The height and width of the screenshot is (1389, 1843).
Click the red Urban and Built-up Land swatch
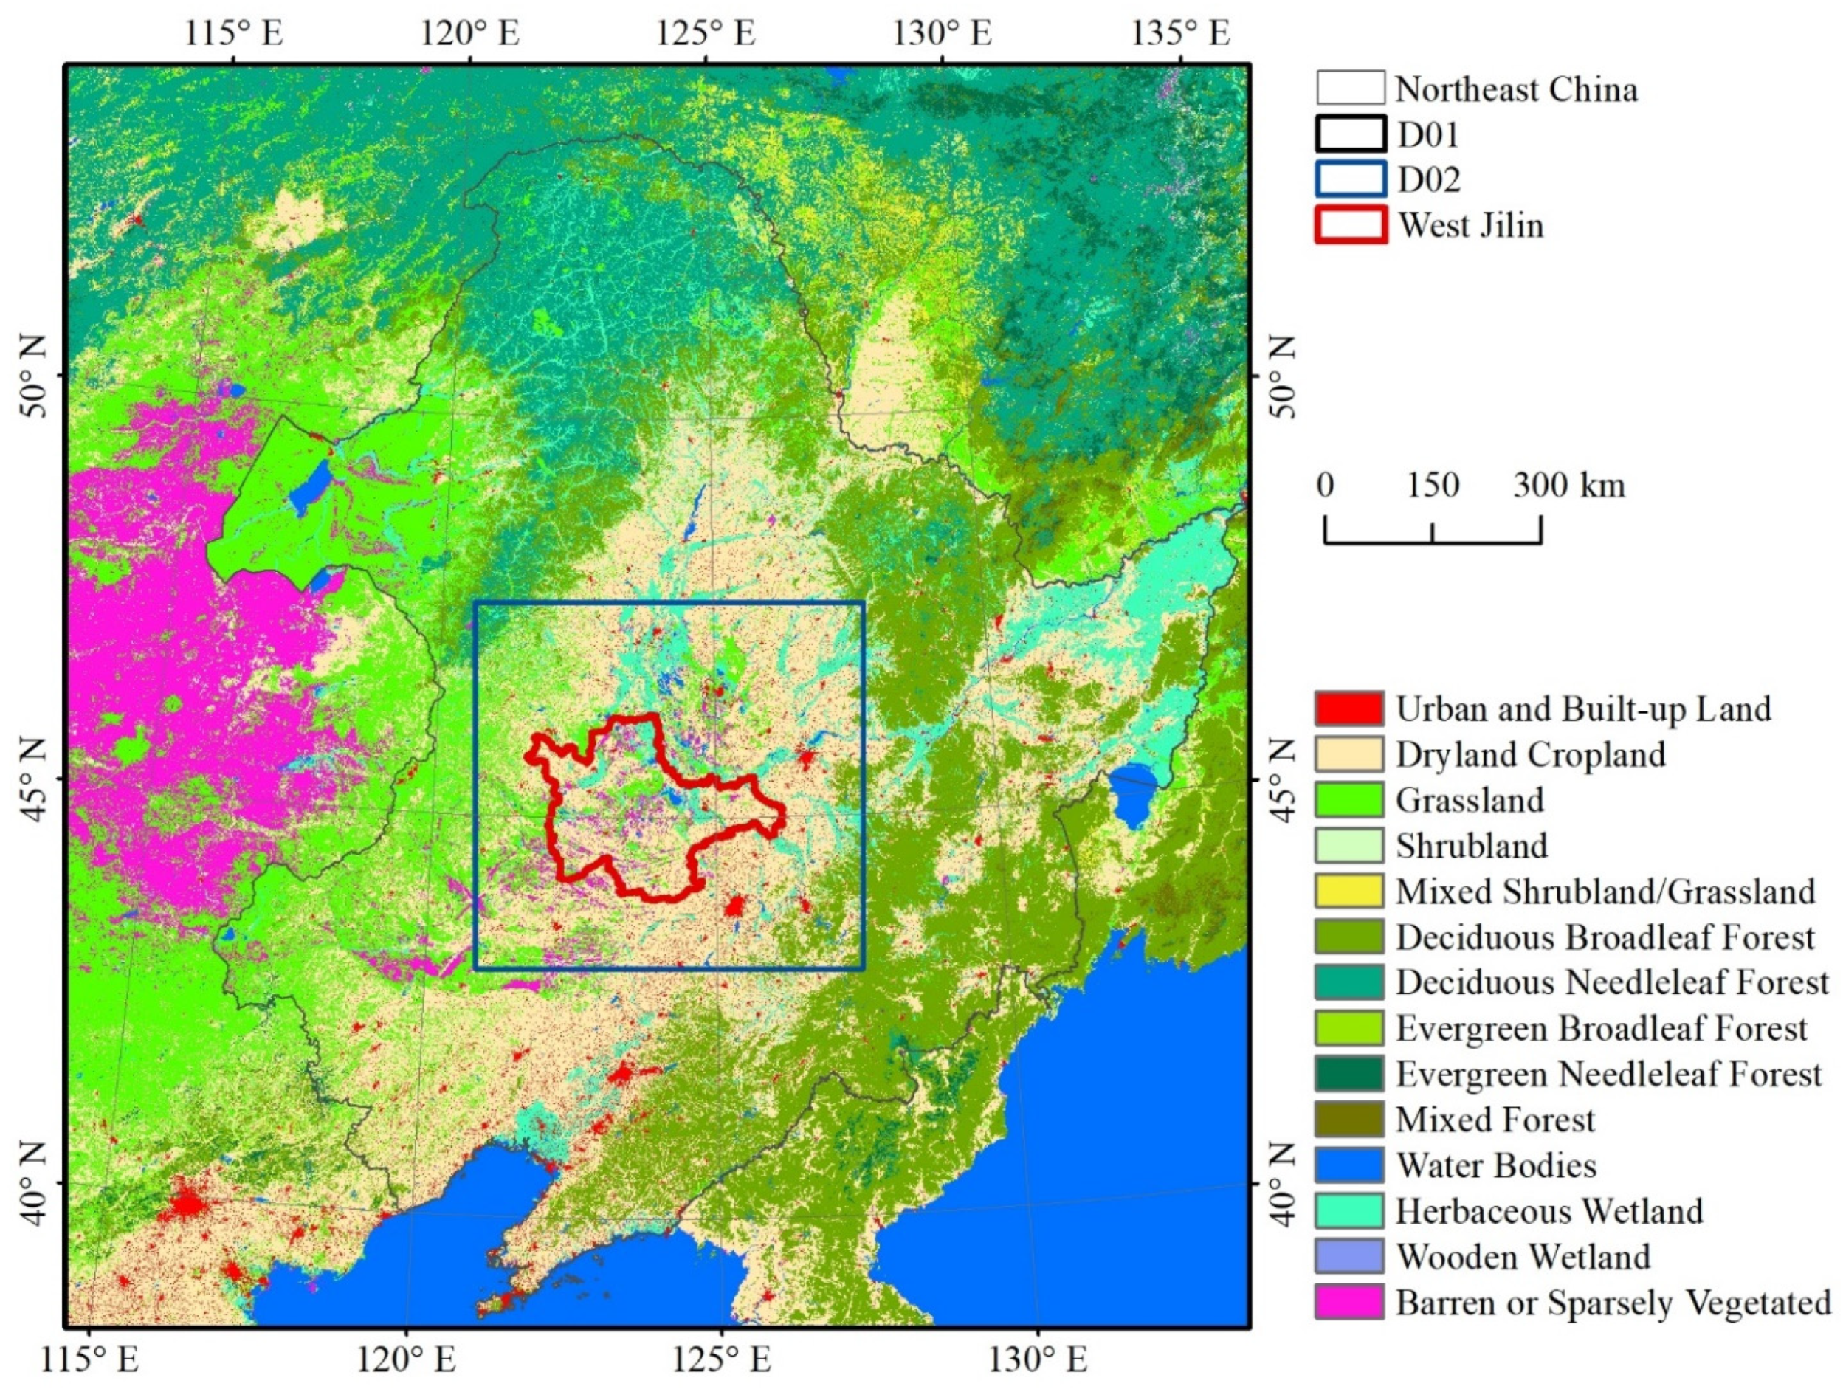[1349, 709]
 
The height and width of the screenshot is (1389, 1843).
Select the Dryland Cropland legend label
[1531, 754]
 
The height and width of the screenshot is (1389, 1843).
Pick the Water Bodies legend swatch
[1349, 1164]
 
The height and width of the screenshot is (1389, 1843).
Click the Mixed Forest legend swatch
[1349, 1119]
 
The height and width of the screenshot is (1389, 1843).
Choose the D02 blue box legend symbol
[1351, 179]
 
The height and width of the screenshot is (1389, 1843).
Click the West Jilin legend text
[1470, 225]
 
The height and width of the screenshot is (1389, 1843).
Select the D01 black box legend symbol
[1351, 134]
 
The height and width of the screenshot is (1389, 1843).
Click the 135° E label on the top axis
[1179, 33]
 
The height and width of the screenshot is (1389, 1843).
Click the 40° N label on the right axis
[1283, 1183]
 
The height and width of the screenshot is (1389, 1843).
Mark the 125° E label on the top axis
[706, 33]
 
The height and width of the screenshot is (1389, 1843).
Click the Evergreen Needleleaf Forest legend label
[1609, 1074]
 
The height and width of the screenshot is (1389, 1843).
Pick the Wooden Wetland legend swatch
[1349, 1255]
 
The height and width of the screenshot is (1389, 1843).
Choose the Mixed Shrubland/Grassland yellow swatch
[1349, 891]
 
